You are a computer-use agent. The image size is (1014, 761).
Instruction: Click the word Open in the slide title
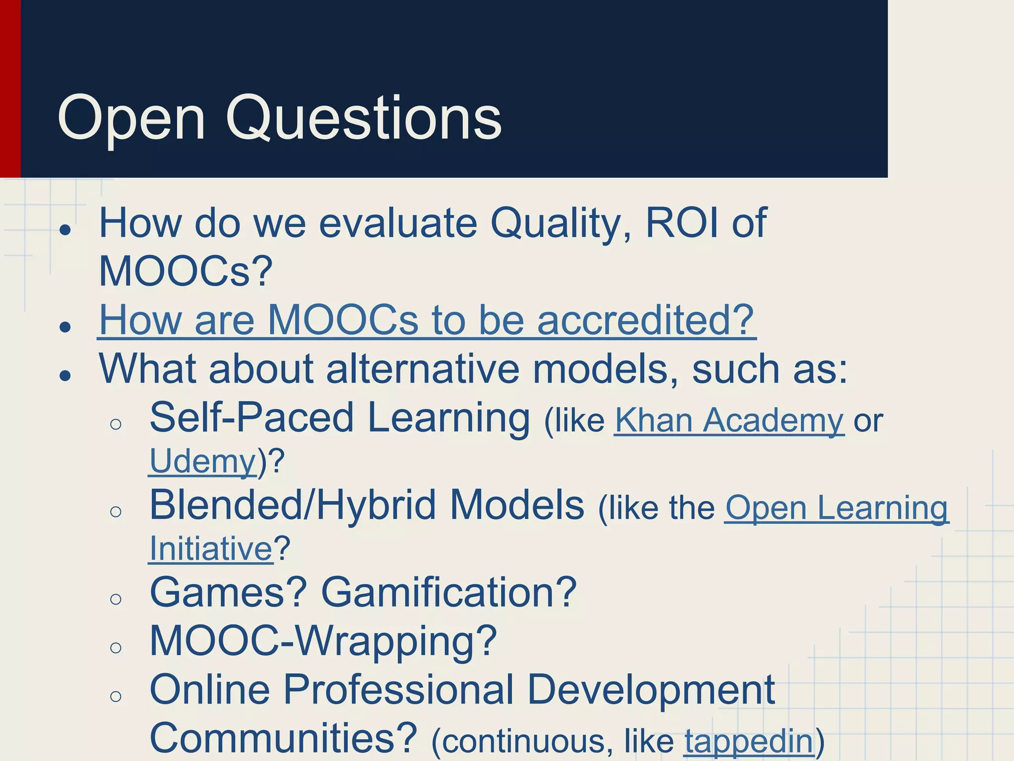click(x=131, y=119)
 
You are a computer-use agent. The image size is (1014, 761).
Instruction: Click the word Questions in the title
click(x=364, y=119)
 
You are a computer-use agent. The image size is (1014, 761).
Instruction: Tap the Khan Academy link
click(x=729, y=421)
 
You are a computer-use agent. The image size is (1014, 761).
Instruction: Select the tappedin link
click(x=749, y=741)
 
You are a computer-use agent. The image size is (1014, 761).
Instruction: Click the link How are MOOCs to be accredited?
click(x=426, y=321)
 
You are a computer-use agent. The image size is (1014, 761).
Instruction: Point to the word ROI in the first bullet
click(x=682, y=223)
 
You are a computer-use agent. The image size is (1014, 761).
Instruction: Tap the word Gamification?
click(x=449, y=592)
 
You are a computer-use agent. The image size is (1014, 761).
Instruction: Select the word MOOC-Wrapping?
click(x=323, y=641)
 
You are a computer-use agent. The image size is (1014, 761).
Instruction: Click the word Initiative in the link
click(x=211, y=549)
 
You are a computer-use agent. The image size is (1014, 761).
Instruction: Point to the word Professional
click(x=398, y=690)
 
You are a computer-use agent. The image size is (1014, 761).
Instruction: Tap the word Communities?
click(x=283, y=738)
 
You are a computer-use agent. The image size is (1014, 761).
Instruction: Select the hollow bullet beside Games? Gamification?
click(x=116, y=599)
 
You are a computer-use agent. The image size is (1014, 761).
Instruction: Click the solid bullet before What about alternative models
click(x=65, y=376)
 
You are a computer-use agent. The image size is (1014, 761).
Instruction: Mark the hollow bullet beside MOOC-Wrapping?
click(x=116, y=648)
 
